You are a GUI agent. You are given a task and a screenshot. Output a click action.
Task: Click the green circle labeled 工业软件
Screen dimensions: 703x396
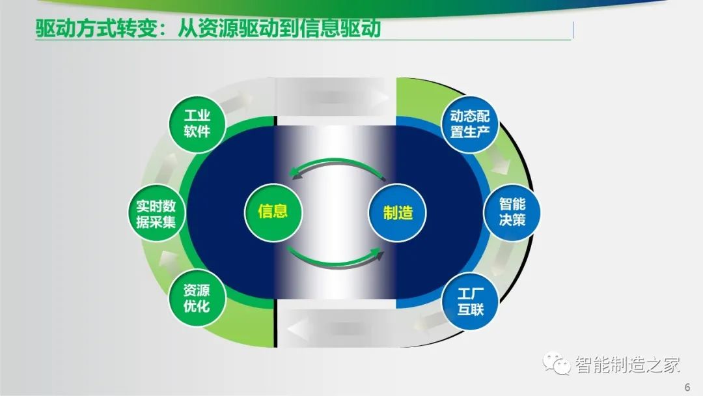point(197,124)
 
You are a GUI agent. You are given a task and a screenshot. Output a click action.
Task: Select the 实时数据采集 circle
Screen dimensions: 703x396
point(156,214)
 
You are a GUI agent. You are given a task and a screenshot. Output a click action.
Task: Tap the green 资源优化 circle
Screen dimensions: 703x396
point(197,298)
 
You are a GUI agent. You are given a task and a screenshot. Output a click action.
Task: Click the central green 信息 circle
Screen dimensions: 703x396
point(273,212)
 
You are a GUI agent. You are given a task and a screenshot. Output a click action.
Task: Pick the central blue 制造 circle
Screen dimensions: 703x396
point(397,212)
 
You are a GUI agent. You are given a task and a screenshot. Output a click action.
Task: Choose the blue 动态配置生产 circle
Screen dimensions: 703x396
point(470,124)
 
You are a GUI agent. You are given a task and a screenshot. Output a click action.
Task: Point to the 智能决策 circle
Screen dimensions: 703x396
point(512,212)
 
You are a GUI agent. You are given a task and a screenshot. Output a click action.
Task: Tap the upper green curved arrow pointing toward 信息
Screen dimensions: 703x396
point(337,162)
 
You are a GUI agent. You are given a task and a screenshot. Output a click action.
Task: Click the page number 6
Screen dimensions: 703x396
point(687,387)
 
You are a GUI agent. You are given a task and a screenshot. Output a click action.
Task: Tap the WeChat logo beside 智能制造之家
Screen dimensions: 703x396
point(557,363)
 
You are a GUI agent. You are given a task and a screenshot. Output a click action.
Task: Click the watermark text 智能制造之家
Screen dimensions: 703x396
point(627,365)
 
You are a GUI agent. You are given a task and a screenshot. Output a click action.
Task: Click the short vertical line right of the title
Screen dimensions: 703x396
point(573,31)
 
